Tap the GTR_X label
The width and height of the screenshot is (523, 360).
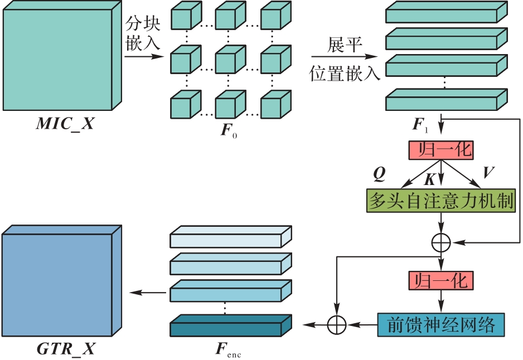tap(65, 349)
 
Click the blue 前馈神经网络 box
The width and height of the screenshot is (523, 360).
tap(441, 325)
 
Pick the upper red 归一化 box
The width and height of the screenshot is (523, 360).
tap(441, 149)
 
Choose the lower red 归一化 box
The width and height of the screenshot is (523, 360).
tap(441, 280)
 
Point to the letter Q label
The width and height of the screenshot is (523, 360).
tap(379, 174)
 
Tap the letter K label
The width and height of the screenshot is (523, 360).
tap(429, 179)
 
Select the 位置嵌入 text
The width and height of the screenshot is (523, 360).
tap(345, 72)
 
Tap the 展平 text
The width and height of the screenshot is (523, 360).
tap(345, 46)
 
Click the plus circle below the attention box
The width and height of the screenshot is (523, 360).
tap(441, 242)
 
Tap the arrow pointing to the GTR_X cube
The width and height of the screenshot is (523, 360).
tap(147, 293)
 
